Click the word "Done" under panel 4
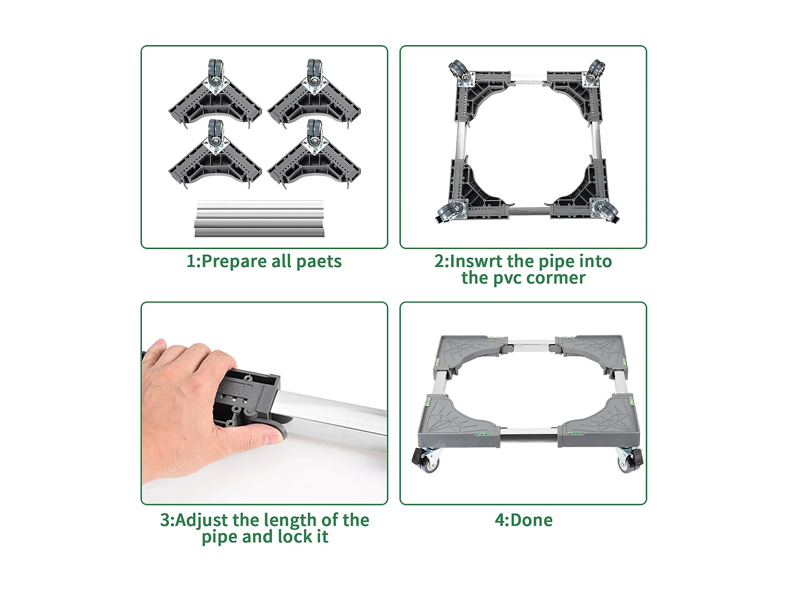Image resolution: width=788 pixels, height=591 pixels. pos(531,520)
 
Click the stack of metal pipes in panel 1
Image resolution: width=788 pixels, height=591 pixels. pos(259,219)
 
